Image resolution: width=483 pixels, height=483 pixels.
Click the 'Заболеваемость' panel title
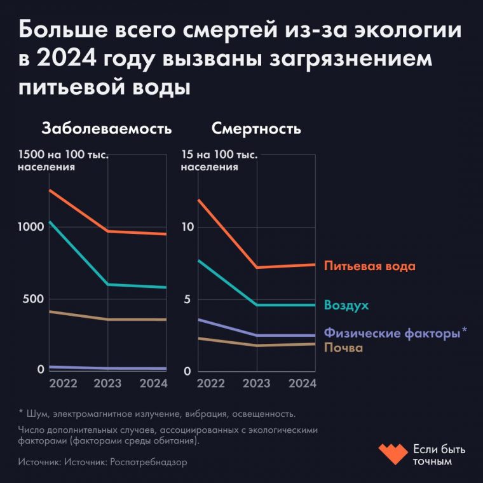[x=106, y=129]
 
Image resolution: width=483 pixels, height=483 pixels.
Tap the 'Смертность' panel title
[x=256, y=129]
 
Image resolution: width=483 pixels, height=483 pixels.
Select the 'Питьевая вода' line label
[x=369, y=266]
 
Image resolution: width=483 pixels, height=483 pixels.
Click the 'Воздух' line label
[x=346, y=305]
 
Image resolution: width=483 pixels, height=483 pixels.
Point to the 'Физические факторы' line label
[x=391, y=332]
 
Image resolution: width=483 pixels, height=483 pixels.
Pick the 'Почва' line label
[x=343, y=348]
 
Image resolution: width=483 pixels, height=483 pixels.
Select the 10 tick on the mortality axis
[x=187, y=227]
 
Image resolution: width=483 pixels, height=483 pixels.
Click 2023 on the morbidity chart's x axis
[x=108, y=383]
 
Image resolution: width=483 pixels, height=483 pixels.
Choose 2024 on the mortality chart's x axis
[x=303, y=383]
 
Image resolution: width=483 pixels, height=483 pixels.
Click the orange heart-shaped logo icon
[x=393, y=454]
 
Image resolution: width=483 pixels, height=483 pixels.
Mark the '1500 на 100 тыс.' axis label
[x=63, y=155]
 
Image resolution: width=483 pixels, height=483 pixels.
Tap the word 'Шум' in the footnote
[x=37, y=414]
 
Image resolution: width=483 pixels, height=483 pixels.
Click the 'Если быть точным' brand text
[x=439, y=455]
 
